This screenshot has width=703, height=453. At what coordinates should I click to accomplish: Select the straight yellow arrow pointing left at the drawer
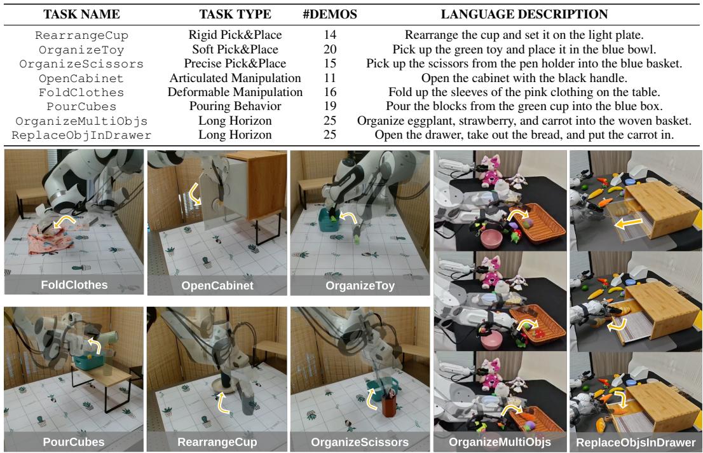click(x=629, y=223)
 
